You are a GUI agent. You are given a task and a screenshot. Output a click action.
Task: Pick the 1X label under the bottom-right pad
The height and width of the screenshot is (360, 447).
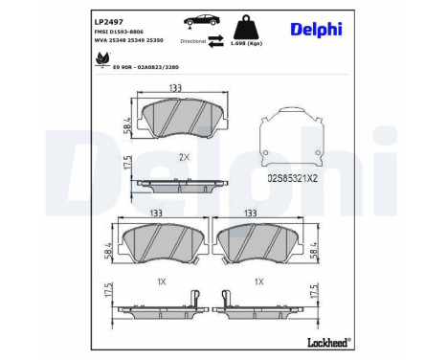(257, 281)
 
